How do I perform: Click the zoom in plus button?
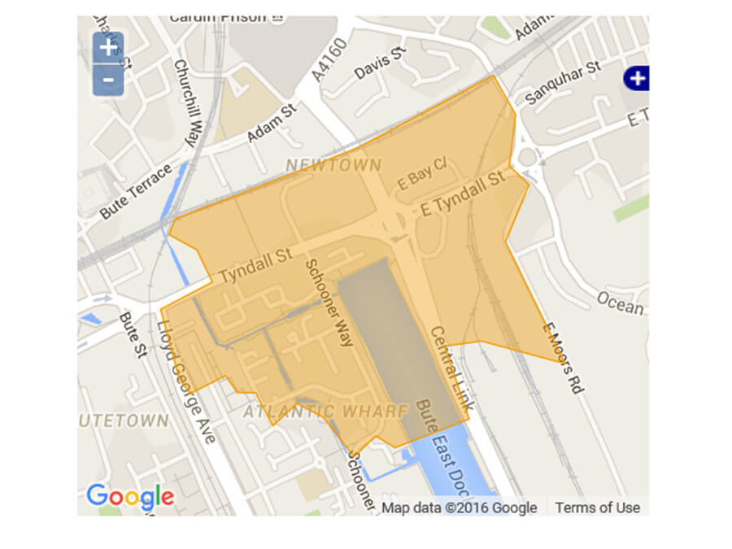tap(108, 47)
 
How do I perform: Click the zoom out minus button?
tap(108, 80)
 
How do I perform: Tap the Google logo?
tap(130, 496)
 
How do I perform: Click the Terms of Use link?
tap(597, 508)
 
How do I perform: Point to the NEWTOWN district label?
tap(333, 166)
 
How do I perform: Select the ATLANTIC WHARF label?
tap(325, 412)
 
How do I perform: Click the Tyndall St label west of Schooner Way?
tap(255, 266)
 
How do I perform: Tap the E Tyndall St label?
tap(463, 194)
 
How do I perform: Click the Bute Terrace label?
tap(137, 191)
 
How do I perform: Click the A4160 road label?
tap(329, 62)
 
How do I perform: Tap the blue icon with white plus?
tap(637, 78)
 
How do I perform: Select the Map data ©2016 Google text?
tap(460, 508)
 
